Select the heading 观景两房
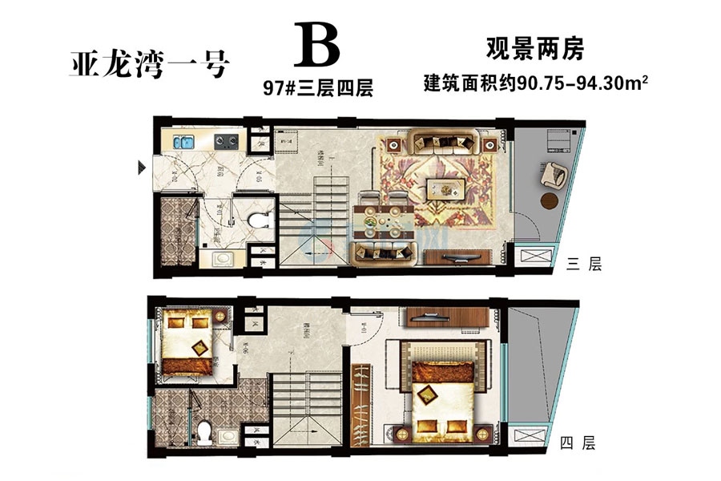535,50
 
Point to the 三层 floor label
583,265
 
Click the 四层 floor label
578,443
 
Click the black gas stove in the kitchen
226,143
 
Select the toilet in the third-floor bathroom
258,218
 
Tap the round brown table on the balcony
551,200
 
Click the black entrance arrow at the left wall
142,168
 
